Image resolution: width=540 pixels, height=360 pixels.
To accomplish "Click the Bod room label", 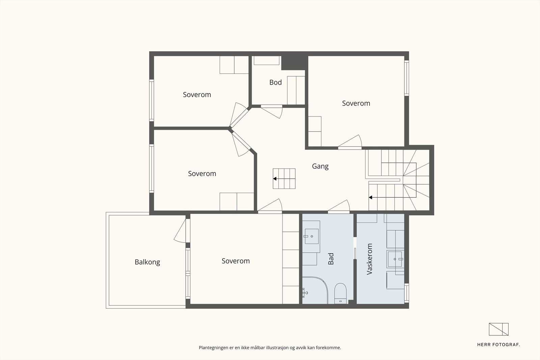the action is coord(275,82).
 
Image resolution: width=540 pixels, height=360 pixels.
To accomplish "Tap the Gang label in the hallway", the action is coord(320,167).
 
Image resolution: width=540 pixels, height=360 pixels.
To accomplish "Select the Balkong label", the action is coord(147,262).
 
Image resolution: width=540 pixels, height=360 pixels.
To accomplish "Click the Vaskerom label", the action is coord(369,259).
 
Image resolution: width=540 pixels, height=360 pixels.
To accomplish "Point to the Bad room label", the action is coord(331,259).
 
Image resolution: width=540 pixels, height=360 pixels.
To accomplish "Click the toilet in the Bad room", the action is coord(341,293).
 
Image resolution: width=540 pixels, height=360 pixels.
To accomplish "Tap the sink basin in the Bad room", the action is coord(312,237).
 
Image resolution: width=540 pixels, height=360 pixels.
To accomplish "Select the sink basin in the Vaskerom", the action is coord(395,259).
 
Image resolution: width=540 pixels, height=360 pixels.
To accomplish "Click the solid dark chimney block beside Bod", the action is coord(295,63).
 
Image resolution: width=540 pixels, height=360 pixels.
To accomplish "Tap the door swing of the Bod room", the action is coord(272,112).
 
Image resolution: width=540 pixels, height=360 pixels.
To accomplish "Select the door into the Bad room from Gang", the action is coord(339,207).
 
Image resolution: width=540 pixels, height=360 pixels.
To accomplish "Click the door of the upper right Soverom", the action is coord(350,142).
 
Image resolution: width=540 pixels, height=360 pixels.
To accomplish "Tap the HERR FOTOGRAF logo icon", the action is coord(498,329).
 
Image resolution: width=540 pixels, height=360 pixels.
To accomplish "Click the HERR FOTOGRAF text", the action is coord(498,345).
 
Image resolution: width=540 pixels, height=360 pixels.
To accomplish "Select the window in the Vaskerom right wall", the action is coord(406,293).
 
